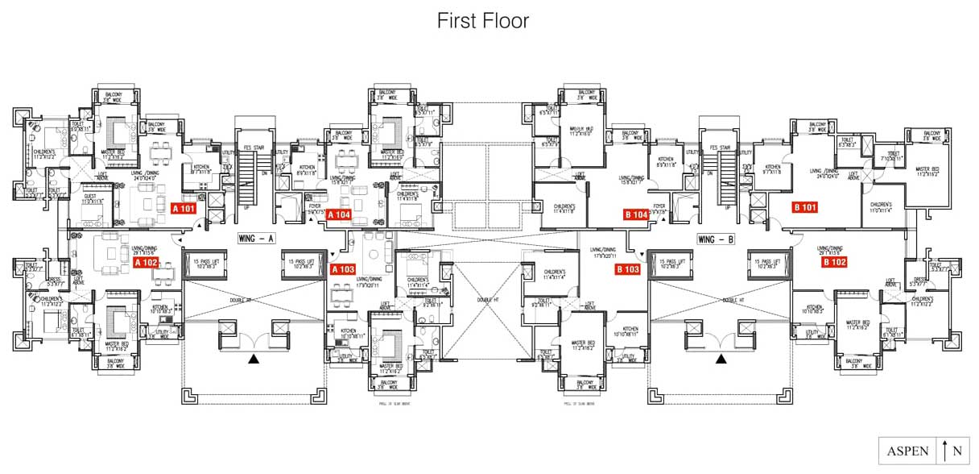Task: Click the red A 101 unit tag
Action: click(184, 208)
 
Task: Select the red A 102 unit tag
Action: click(146, 262)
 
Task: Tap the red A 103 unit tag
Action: click(342, 269)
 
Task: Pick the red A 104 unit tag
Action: click(339, 214)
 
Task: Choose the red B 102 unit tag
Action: click(834, 261)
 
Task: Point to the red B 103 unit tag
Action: click(627, 269)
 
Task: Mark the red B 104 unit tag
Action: click(637, 214)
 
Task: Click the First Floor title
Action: click(483, 21)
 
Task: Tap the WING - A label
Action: click(257, 239)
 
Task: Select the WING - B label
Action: click(716, 239)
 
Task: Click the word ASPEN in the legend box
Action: click(908, 451)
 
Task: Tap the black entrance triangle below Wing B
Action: click(721, 359)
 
